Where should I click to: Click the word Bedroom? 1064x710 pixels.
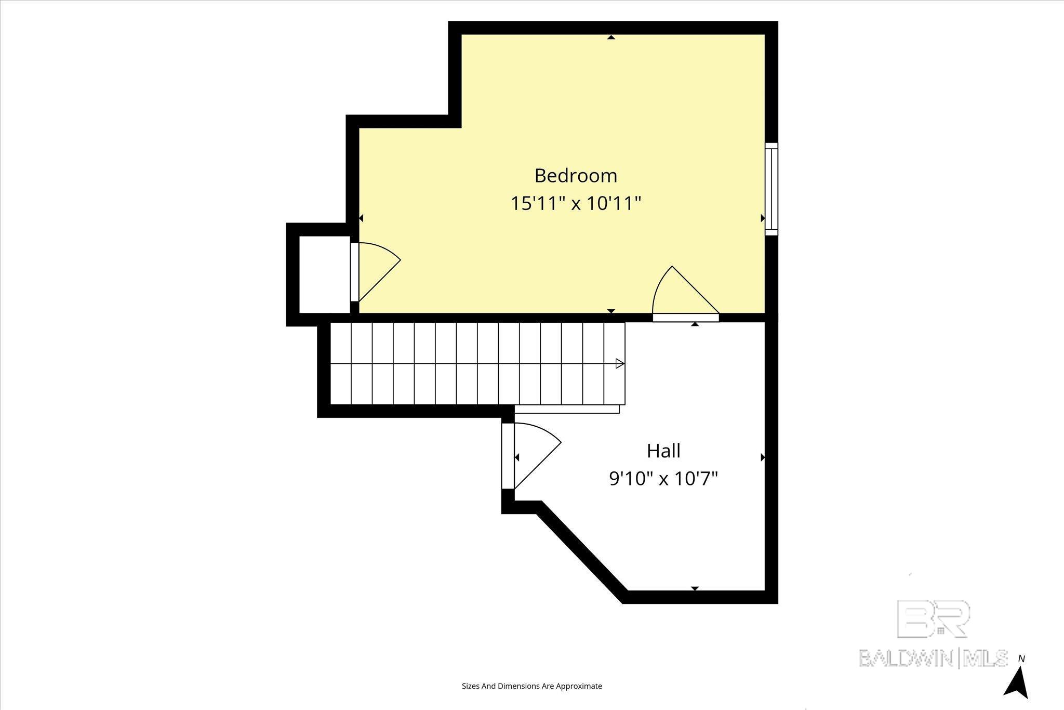click(x=576, y=176)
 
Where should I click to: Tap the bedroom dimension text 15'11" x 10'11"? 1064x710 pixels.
click(x=576, y=203)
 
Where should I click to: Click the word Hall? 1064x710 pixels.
click(x=663, y=451)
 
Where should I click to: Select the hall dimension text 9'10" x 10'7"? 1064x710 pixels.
click(x=663, y=478)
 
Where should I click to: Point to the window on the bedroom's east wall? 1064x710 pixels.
click(x=772, y=189)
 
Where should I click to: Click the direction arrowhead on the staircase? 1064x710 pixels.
click(x=620, y=364)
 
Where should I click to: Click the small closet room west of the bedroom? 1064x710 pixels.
click(x=325, y=274)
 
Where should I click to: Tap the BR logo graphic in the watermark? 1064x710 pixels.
click(x=934, y=619)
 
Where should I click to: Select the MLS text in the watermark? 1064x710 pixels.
click(x=985, y=658)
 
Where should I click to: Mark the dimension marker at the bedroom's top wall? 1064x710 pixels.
click(x=611, y=37)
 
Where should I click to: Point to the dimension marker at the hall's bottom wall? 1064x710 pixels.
click(x=695, y=588)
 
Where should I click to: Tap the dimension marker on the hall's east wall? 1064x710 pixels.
click(x=763, y=457)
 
